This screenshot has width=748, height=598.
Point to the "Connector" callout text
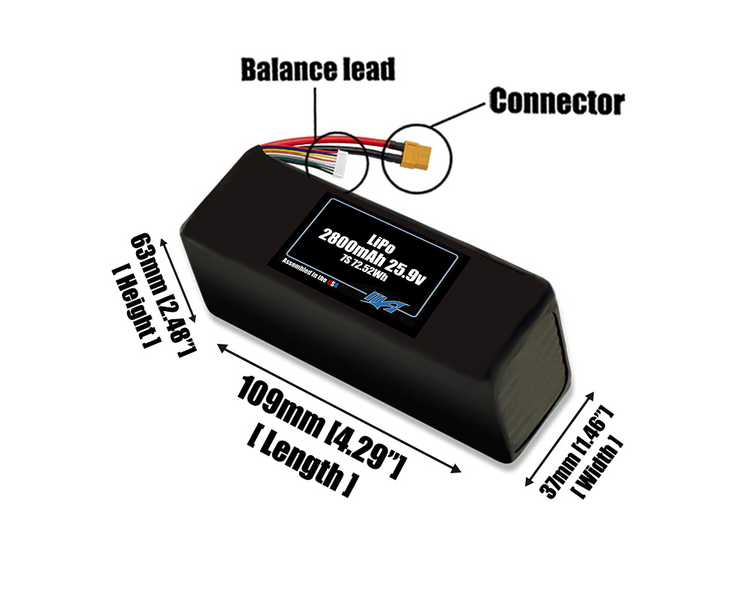(557, 102)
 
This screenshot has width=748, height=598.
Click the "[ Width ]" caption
(597, 466)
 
